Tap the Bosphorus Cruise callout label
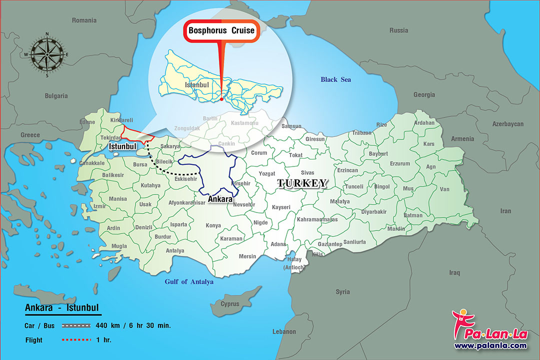[221, 30]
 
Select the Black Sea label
[335, 79]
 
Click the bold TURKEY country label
[302, 183]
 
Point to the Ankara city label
[220, 199]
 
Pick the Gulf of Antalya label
[189, 281]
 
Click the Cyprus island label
[230, 303]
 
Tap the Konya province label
[213, 225]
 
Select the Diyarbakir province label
[373, 211]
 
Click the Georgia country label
[424, 94]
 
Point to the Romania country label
[84, 20]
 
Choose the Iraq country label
[454, 272]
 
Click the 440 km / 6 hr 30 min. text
[133, 325]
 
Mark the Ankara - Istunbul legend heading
[62, 307]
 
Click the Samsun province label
[292, 126]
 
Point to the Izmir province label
[99, 206]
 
